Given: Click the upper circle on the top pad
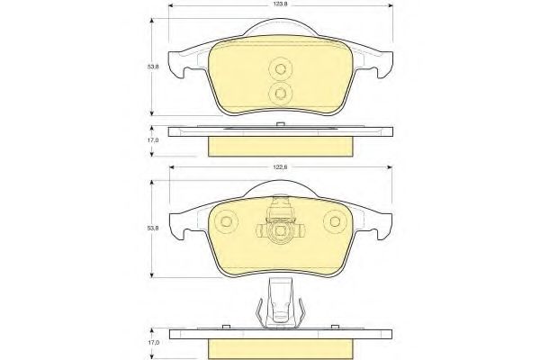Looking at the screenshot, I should click(279, 69).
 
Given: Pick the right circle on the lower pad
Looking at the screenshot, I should click(334, 220).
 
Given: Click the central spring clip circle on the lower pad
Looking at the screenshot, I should click(279, 232).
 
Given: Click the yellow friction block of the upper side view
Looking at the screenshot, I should click(279, 145).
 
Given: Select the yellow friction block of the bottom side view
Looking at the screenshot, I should click(279, 346).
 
